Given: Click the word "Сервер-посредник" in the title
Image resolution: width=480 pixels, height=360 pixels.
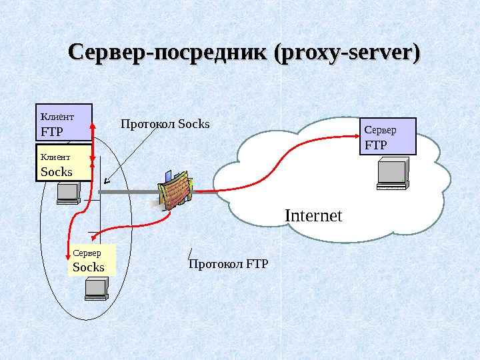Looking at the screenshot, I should click(168, 53).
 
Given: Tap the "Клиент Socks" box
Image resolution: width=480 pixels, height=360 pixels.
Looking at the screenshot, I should click(63, 164).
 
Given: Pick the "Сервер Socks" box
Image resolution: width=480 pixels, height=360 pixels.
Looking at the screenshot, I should click(92, 260).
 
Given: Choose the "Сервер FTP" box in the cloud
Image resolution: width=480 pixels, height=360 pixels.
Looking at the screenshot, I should click(387, 136).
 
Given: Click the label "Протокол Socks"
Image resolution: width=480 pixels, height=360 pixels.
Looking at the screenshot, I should click(165, 124).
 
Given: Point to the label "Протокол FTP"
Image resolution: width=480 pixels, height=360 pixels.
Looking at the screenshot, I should click(228, 265).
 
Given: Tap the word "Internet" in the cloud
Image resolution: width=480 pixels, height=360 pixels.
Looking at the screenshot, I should click(313, 216).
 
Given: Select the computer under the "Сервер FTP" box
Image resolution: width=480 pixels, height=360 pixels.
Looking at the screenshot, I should click(392, 173).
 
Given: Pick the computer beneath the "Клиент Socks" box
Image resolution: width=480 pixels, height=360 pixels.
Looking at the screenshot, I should click(68, 193).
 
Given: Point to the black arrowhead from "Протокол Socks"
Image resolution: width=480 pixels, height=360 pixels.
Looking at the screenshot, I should click(106, 180).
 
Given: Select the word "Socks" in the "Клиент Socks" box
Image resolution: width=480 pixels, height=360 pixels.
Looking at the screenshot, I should click(57, 171).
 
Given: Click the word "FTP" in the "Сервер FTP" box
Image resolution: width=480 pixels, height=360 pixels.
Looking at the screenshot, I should click(375, 144).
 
